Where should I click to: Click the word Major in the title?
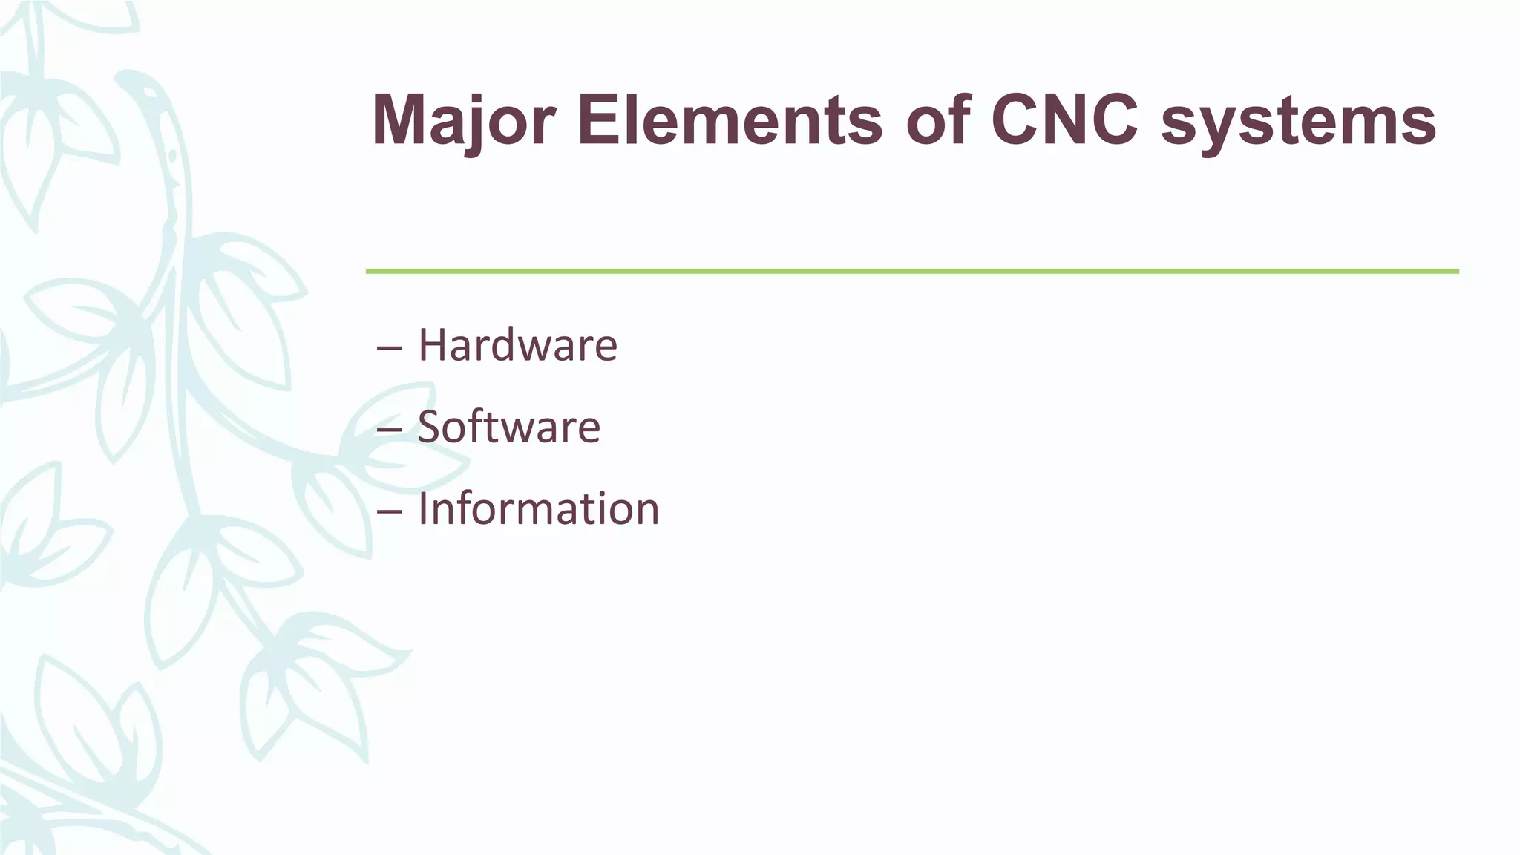point(463,120)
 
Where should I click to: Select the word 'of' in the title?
point(938,120)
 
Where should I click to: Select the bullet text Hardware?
point(517,345)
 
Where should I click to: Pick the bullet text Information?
point(538,509)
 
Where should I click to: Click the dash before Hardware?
point(390,348)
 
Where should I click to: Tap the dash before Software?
point(390,430)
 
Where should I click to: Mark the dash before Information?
point(390,511)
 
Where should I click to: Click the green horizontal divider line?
point(911,272)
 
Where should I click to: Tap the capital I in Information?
point(424,509)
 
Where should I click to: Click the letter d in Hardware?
point(520,345)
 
